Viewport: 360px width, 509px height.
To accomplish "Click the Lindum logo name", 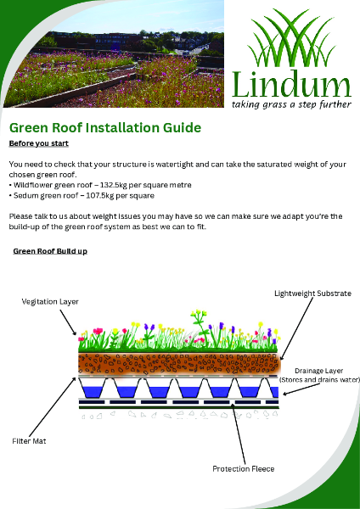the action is [x=290, y=83].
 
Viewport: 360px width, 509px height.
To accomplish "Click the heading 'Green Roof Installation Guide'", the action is [x=104, y=128].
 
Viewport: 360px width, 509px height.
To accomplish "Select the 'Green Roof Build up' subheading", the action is [x=50, y=252].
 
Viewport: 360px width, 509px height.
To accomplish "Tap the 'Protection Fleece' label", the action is [x=243, y=468].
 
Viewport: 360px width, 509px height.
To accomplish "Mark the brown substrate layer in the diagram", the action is [x=178, y=363].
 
